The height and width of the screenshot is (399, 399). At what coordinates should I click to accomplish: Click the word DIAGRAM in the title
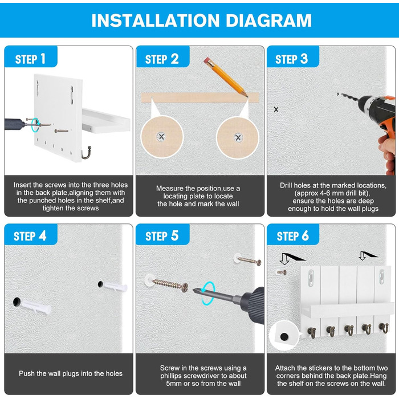click(268, 21)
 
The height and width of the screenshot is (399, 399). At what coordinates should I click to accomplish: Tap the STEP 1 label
click(30, 59)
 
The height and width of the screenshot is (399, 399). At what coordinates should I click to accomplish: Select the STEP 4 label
click(30, 236)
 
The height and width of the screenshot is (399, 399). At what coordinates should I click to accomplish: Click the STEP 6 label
click(292, 236)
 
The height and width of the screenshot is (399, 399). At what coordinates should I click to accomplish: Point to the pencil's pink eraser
click(207, 60)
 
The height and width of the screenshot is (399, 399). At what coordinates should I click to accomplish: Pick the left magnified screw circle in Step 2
click(162, 137)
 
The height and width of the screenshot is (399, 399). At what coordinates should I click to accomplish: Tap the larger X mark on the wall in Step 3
click(276, 109)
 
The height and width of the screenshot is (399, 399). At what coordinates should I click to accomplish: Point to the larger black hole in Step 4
click(17, 302)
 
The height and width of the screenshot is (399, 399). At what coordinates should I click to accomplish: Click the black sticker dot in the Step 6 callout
click(284, 337)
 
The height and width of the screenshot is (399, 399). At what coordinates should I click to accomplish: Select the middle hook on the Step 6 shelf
click(348, 330)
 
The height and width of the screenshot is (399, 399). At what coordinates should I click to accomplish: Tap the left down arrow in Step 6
click(284, 259)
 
